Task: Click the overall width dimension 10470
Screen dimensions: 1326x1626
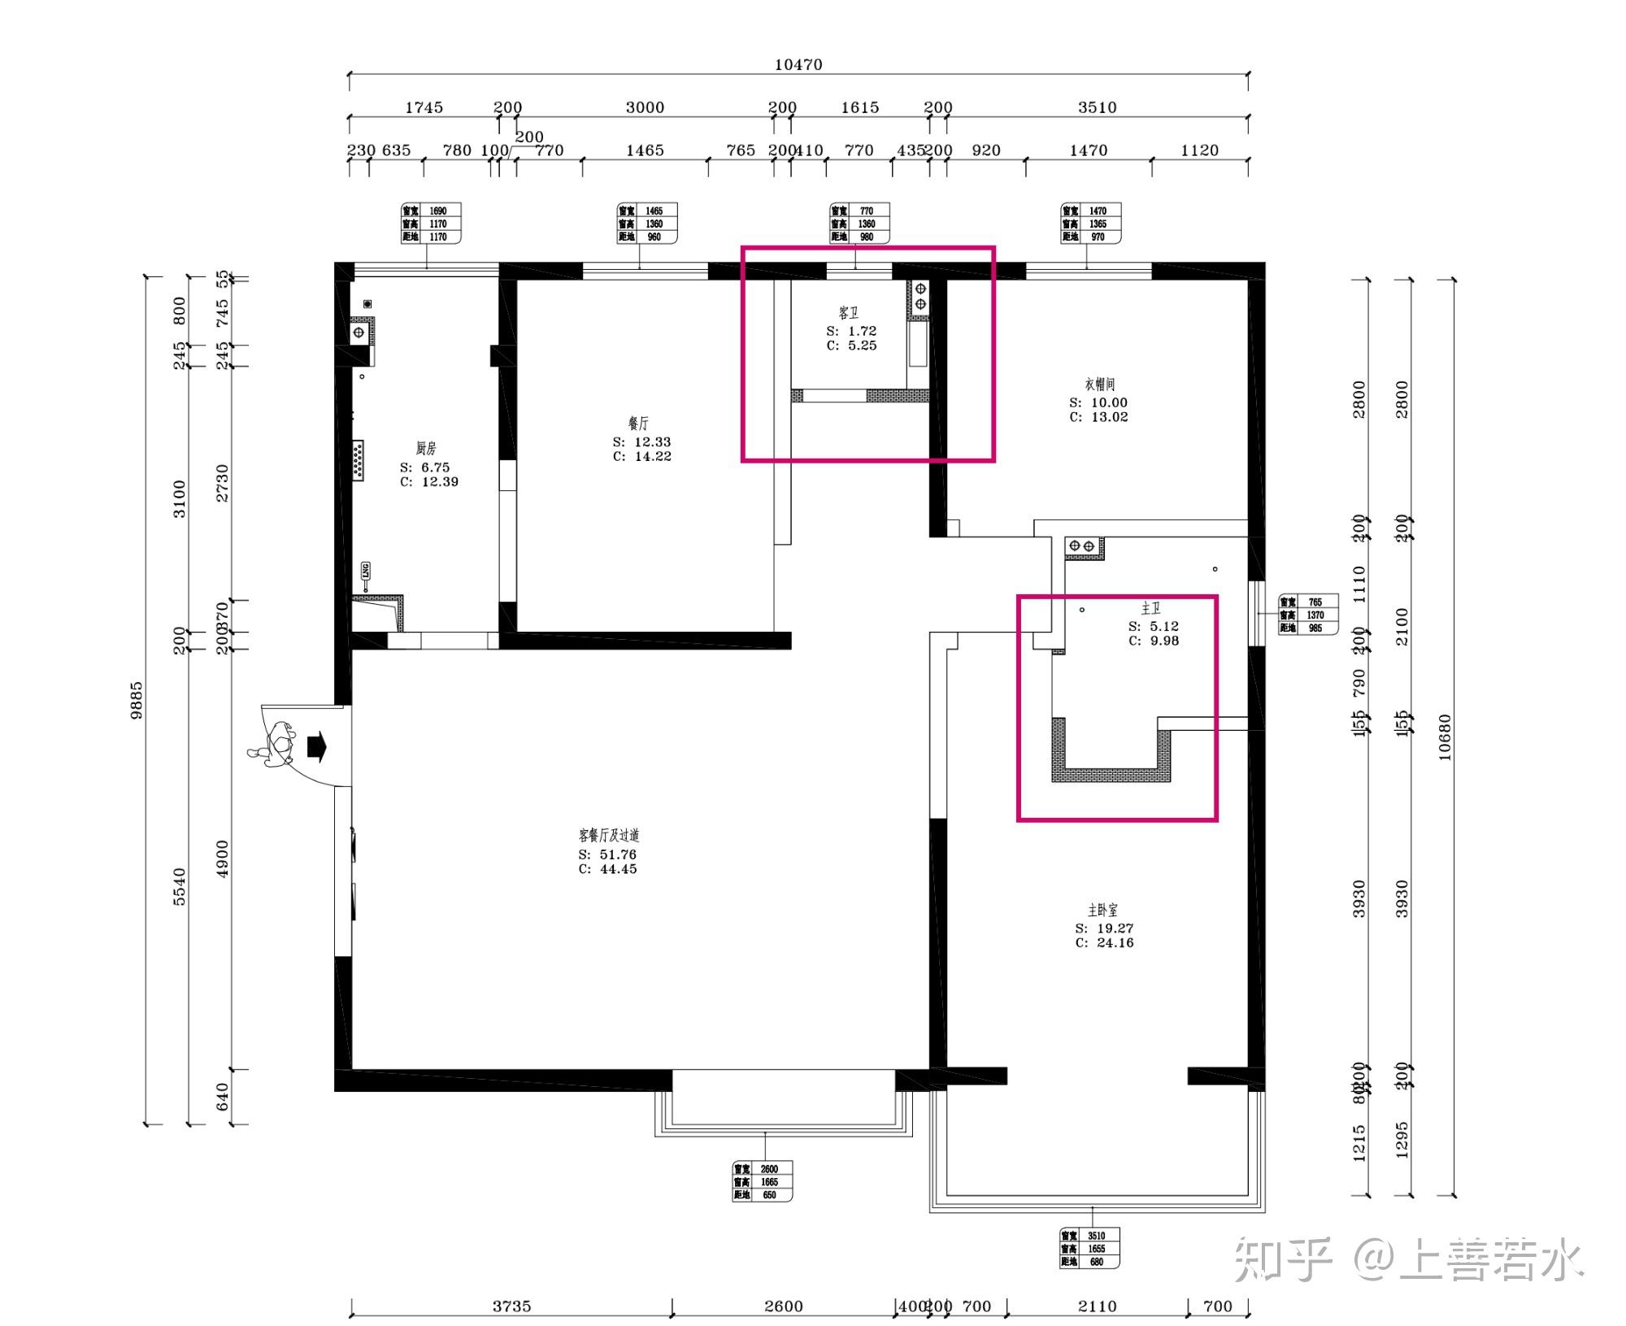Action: pos(798,65)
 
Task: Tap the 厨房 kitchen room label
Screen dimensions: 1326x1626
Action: pos(426,448)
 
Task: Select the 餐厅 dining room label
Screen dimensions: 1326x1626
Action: pos(638,424)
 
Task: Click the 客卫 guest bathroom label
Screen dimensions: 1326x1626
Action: pos(849,313)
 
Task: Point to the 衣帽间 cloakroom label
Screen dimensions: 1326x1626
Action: pos(1098,385)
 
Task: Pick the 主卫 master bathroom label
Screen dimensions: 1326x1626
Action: pos(1150,609)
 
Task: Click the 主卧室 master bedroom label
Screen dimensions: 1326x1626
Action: pos(1102,911)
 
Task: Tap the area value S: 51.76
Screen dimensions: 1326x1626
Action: pos(607,854)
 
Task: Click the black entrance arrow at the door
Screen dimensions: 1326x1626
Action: pos(316,746)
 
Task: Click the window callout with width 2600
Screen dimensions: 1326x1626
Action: pos(761,1181)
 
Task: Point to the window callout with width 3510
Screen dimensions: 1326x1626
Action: pos(1089,1248)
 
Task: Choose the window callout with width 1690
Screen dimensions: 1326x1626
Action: pos(431,224)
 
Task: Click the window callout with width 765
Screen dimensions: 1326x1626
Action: pos(1307,615)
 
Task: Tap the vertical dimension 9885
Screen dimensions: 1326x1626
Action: pos(137,699)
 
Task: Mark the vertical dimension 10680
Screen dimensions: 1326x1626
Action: pos(1444,737)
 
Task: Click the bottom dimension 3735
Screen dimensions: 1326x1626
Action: pos(511,1306)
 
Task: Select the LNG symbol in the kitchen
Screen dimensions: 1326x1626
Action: pos(365,572)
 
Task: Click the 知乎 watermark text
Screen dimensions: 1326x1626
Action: pos(1283,1259)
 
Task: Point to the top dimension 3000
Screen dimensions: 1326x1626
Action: pos(645,107)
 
